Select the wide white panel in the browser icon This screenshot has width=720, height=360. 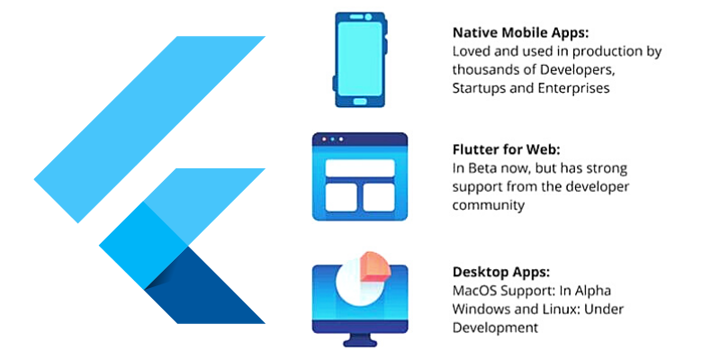[x=359, y=167]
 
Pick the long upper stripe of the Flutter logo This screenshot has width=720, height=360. [x=153, y=126]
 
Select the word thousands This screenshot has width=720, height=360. [x=484, y=70]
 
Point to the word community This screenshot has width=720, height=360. [x=487, y=204]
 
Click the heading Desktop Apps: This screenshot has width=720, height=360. [x=499, y=271]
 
